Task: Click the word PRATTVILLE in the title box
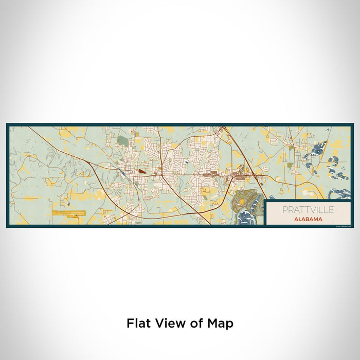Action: [307, 210]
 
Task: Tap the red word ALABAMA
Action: [307, 219]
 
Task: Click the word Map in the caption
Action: [222, 323]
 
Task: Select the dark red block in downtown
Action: [140, 171]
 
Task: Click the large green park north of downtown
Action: [121, 140]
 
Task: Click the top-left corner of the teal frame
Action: [7, 124]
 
